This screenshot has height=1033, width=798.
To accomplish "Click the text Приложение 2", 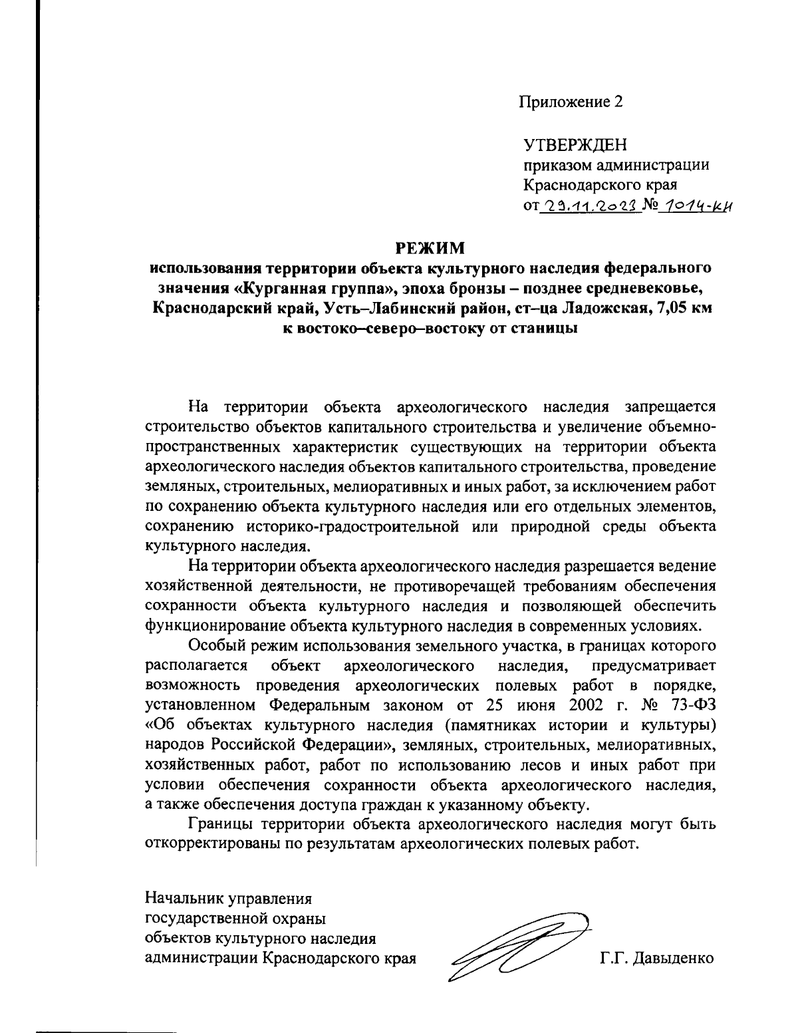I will pos(571,102).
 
